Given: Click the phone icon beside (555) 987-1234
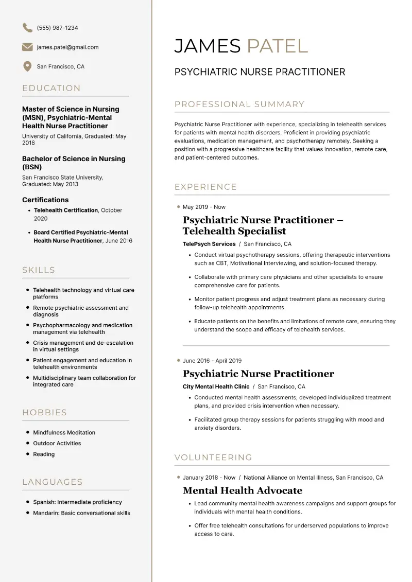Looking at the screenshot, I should tap(27, 28).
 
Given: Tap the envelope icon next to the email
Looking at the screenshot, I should tap(27, 47).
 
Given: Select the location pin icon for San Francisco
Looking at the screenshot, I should tap(27, 66).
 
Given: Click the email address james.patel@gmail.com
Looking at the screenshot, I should tap(67, 47).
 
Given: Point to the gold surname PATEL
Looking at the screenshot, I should tap(277, 46).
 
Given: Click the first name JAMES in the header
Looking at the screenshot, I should tap(208, 46).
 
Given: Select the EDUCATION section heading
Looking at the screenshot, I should tap(51, 88).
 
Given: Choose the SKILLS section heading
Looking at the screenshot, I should tap(39, 270).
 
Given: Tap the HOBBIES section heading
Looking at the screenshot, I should tap(45, 412).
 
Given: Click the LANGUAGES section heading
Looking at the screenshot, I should tap(53, 482).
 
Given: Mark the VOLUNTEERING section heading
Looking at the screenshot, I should tap(213, 457).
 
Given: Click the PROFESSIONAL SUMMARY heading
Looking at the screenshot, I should tap(239, 104).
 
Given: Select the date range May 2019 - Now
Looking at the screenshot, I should tap(204, 207).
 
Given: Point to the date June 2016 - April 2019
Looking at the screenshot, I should tap(212, 361).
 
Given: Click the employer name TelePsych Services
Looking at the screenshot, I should tap(209, 244).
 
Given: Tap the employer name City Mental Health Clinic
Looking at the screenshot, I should tap(216, 386).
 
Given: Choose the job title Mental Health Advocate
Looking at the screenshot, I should tap(243, 490).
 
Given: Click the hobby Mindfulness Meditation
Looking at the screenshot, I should tap(64, 433).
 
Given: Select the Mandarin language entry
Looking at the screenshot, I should tap(81, 513).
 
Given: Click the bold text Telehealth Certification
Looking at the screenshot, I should tap(66, 210).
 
